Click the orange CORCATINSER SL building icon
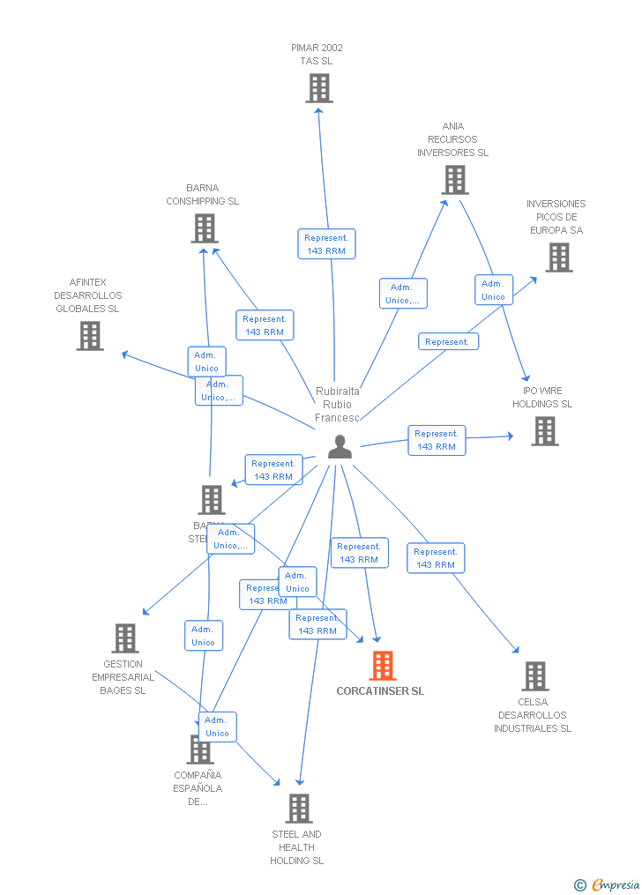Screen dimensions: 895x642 point(383,666)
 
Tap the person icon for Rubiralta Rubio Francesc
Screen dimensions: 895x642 point(340,448)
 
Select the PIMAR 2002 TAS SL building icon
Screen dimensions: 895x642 point(319,88)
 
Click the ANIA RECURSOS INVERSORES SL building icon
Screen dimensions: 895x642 point(454,180)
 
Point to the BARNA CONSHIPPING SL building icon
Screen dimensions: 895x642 point(204,228)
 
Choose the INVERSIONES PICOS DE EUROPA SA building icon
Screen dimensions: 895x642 point(558,257)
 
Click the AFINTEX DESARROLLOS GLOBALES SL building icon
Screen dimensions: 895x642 point(89,336)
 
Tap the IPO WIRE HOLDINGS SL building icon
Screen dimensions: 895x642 point(544,431)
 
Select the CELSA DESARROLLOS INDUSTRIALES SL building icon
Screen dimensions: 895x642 point(534,676)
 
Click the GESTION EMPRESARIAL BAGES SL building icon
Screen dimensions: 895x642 point(125,638)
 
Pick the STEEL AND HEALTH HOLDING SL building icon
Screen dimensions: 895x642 point(299,809)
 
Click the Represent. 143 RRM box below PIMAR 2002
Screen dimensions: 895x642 point(326,244)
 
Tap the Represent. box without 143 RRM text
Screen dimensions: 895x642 point(448,341)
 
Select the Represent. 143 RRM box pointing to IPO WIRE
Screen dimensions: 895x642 point(437,440)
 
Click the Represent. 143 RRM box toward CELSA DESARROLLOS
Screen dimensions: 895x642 point(436,558)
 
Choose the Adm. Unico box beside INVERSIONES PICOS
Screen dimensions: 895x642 point(493,290)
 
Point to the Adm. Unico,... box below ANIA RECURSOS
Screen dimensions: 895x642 point(403,294)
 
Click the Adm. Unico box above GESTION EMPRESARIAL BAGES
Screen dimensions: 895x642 point(203,636)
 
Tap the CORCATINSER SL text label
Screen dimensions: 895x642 point(380,691)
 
